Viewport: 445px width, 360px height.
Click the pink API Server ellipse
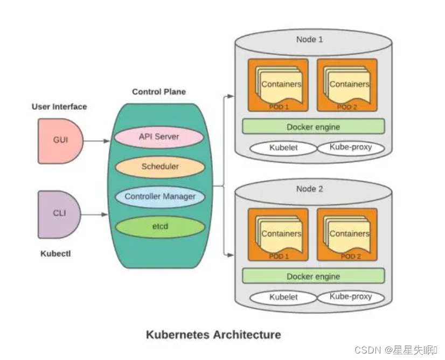pyautogui.click(x=159, y=137)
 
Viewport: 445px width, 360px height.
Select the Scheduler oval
pyautogui.click(x=160, y=167)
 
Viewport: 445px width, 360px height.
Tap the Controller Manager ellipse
pyautogui.click(x=160, y=196)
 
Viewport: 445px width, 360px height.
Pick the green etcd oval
pyautogui.click(x=160, y=226)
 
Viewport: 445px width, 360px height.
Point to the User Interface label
pyautogui.click(x=59, y=107)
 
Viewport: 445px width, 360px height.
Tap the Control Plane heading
pyautogui.click(x=159, y=92)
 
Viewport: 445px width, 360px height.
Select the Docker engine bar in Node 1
pyautogui.click(x=313, y=127)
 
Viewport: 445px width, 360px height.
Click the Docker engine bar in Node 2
pyautogui.click(x=313, y=276)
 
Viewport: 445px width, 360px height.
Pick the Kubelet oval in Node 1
pyautogui.click(x=283, y=147)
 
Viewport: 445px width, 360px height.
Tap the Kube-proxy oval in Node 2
pyautogui.click(x=350, y=296)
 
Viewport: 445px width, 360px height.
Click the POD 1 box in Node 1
pyautogui.click(x=278, y=85)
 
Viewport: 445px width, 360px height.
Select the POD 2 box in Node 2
pyautogui.click(x=347, y=234)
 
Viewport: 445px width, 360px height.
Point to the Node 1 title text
pyautogui.click(x=310, y=39)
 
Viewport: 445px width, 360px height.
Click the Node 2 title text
pyautogui.click(x=310, y=189)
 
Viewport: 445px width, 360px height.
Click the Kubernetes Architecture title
pyautogui.click(x=213, y=335)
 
